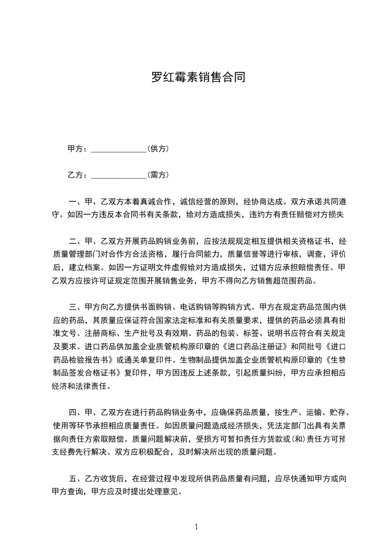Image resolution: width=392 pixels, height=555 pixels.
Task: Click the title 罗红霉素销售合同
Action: [x=198, y=78]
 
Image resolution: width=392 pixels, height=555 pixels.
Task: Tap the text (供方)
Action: [x=158, y=148]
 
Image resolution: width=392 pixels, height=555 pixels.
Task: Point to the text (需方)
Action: [x=158, y=175]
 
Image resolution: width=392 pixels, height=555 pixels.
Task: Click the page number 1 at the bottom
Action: [x=196, y=526]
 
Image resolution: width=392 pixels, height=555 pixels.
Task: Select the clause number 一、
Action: [x=74, y=202]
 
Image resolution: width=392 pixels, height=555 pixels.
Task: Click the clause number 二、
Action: [x=74, y=241]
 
